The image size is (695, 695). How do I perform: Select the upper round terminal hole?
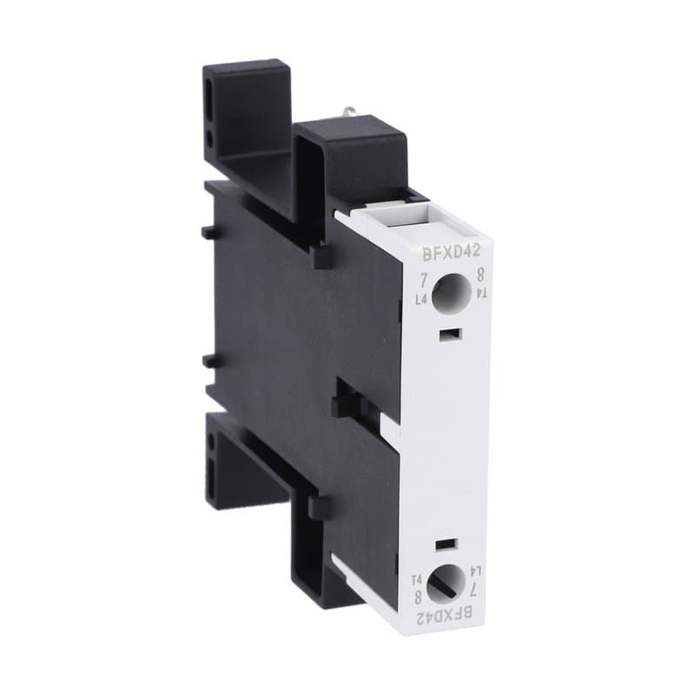tap(450, 292)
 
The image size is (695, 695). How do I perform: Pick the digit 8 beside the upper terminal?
tap(479, 277)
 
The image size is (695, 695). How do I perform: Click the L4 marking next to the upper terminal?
tap(422, 301)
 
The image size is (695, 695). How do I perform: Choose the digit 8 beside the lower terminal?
tap(419, 596)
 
